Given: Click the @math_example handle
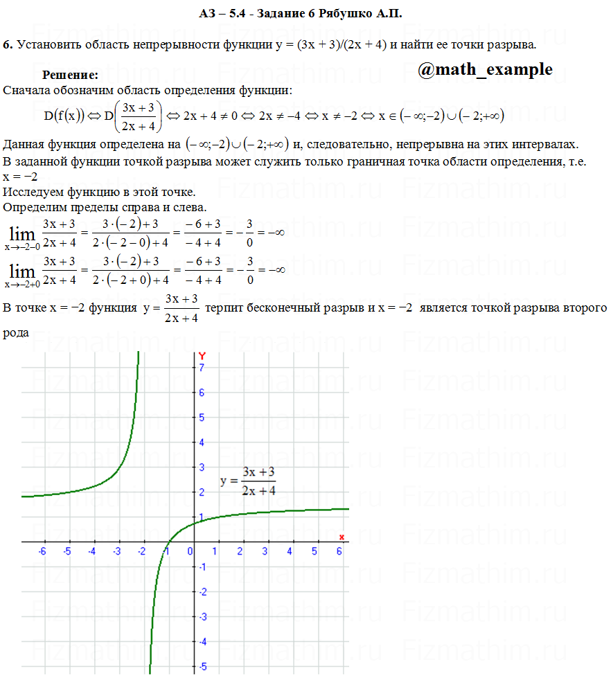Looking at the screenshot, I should [486, 69].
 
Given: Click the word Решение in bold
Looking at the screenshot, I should [70, 75].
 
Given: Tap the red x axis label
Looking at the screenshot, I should [342, 537].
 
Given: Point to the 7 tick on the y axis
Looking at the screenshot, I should [202, 368].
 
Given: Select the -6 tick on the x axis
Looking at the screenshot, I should [42, 551].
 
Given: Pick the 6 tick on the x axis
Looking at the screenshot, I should [339, 551].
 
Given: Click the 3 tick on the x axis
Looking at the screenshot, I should [265, 551].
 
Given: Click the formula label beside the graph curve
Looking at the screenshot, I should [248, 481].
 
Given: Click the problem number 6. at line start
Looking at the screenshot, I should [8, 45].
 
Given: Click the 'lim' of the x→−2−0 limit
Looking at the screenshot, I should [21, 233].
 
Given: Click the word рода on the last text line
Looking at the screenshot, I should [15, 333].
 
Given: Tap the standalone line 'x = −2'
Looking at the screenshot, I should [24, 177].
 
